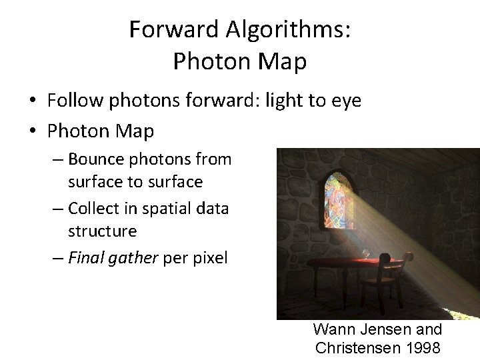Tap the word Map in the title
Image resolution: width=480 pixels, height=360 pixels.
click(284, 61)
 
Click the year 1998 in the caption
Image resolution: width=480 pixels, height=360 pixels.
click(421, 347)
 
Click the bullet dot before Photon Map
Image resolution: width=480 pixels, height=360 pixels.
click(33, 132)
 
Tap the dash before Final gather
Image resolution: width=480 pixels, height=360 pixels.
click(57, 258)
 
